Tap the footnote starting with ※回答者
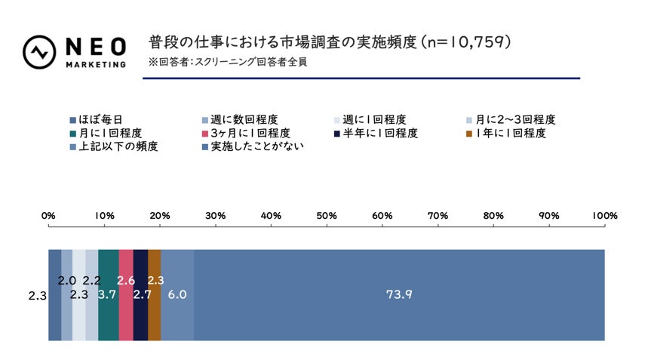pyautogui.click(x=228, y=62)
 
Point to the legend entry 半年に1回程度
pyautogui.click(x=379, y=133)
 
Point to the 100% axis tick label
pyautogui.click(x=604, y=216)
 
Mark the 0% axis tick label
pyautogui.click(x=48, y=216)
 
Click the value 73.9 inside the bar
pyautogui.click(x=399, y=295)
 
